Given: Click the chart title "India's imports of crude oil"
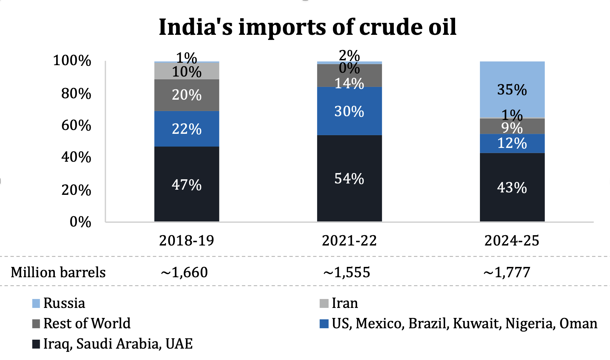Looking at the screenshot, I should tap(307, 27).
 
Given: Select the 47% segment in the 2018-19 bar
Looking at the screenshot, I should tap(187, 184).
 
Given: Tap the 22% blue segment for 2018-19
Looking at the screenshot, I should tap(187, 129).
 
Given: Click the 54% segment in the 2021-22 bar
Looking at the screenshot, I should tap(349, 178).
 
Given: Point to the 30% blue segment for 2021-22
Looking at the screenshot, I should tap(349, 111).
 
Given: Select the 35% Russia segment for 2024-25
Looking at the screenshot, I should tap(512, 90).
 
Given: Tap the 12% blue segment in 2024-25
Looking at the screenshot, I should tap(512, 143).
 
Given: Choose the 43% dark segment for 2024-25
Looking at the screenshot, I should tap(512, 187).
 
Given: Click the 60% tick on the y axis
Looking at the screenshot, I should tap(76, 125).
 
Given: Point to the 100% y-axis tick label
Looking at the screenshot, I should tap(72, 61).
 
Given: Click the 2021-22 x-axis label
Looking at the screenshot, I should tap(349, 240).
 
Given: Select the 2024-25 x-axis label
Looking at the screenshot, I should tap(512, 240).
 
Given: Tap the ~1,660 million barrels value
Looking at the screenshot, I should tap(184, 272).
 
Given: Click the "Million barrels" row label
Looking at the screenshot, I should tap(58, 272).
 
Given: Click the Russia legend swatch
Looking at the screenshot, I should tap(36, 303).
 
